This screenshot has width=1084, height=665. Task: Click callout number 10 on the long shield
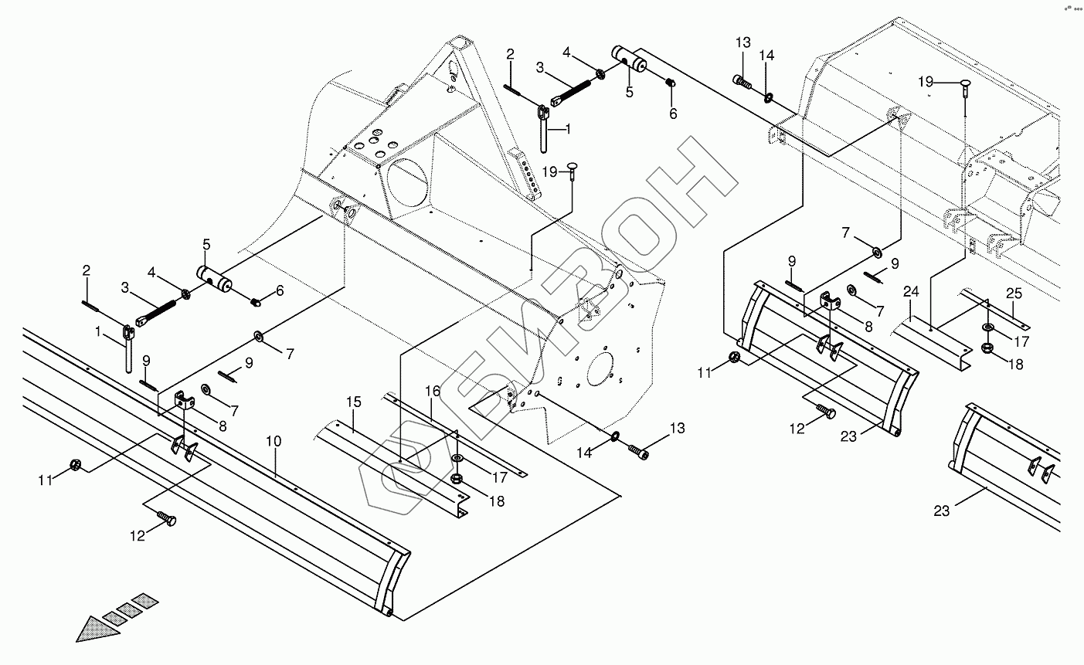coord(274,443)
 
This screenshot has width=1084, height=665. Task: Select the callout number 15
coord(353,402)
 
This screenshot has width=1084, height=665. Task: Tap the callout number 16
coord(432,392)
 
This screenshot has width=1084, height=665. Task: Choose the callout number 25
coord(1014,293)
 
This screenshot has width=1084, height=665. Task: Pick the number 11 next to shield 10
coord(46,480)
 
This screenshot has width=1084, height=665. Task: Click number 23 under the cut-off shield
coord(941,511)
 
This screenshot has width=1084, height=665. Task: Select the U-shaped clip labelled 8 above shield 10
coord(184,400)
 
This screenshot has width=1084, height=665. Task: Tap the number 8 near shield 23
coord(868,327)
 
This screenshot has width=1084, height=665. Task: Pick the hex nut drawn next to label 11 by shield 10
coord(76,465)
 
